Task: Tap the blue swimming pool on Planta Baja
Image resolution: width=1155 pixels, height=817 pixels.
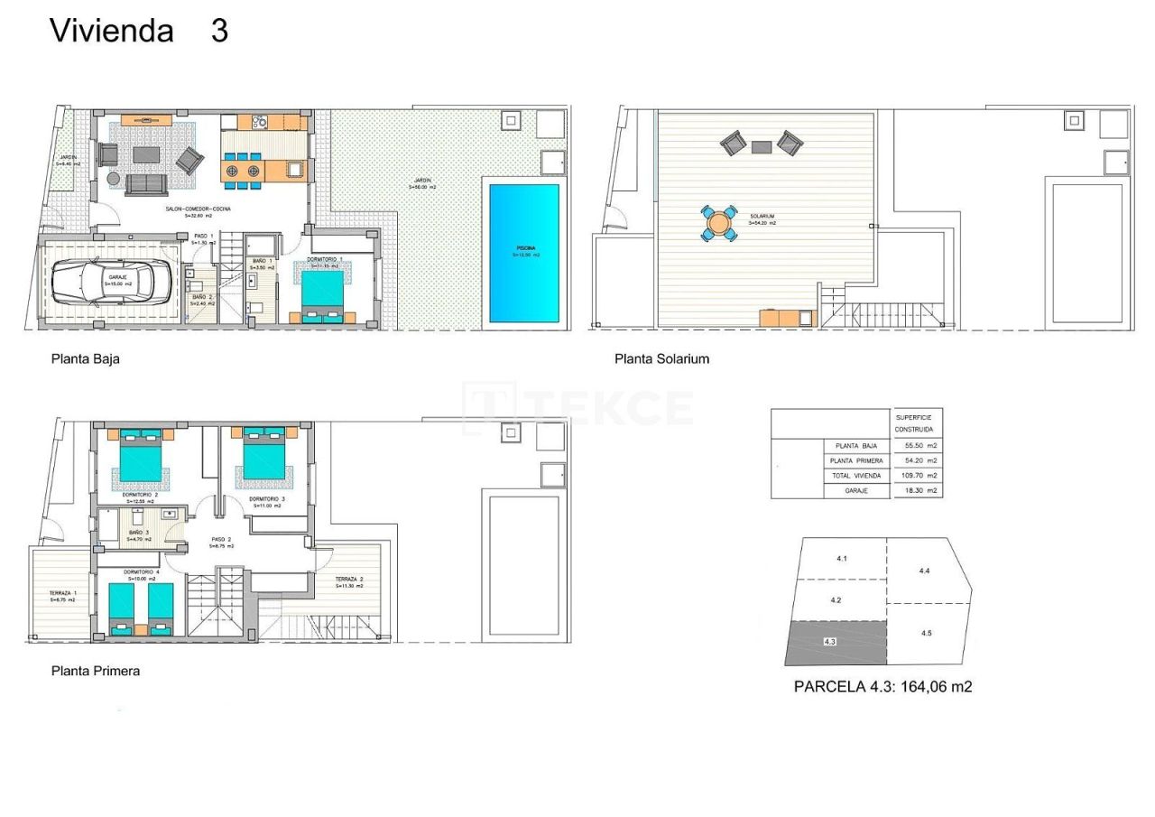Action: coord(523,254)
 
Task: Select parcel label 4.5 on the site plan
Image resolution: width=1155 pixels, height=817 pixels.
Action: coord(926,634)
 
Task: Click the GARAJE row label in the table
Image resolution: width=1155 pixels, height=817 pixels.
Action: coord(856,491)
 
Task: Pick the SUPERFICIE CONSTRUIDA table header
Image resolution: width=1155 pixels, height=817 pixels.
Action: coord(915,423)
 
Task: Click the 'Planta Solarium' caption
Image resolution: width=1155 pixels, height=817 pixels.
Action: coord(661,358)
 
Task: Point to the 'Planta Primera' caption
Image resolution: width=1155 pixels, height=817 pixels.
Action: coord(96,671)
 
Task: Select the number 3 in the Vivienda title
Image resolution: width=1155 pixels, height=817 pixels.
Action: coord(219,31)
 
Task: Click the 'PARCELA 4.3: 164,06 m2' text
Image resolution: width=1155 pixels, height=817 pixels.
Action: coord(882,687)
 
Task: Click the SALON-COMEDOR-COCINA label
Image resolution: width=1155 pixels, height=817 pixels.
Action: coord(198,209)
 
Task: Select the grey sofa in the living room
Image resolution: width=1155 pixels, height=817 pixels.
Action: coord(145,184)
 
